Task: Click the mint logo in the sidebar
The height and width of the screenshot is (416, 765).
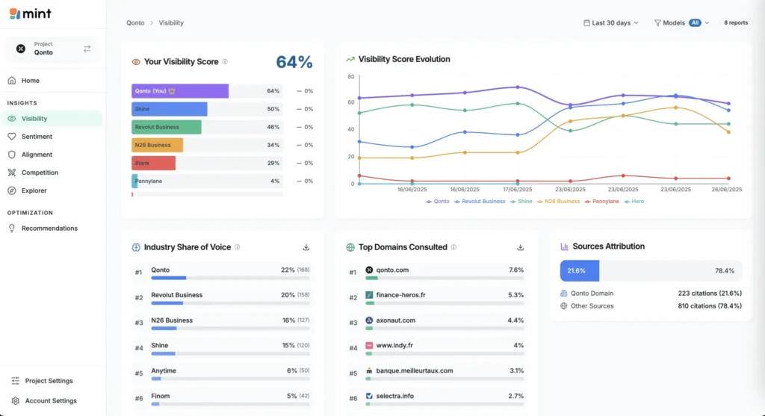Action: click(31, 13)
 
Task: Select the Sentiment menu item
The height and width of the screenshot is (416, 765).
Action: click(37, 137)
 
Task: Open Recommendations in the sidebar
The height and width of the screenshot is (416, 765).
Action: click(49, 229)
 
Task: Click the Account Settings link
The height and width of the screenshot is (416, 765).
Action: click(50, 401)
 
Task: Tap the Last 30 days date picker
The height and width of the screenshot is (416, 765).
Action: click(610, 23)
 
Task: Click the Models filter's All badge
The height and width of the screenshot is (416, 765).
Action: click(695, 23)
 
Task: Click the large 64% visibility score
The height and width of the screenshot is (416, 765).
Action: click(294, 62)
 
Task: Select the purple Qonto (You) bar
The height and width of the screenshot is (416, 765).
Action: click(180, 91)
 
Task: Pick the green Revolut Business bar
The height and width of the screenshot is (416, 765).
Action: click(166, 127)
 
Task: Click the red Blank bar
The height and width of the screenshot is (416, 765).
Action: click(153, 163)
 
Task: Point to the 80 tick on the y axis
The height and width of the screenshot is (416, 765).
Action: click(350, 76)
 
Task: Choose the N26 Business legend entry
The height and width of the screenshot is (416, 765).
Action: click(560, 202)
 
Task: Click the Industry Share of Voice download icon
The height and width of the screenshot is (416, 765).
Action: click(306, 247)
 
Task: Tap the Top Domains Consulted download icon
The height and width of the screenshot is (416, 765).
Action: click(520, 247)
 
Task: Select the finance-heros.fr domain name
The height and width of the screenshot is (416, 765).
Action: click(401, 295)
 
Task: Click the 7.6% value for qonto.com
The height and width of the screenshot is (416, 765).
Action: click(515, 270)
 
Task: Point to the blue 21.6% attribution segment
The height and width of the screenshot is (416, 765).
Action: click(579, 271)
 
